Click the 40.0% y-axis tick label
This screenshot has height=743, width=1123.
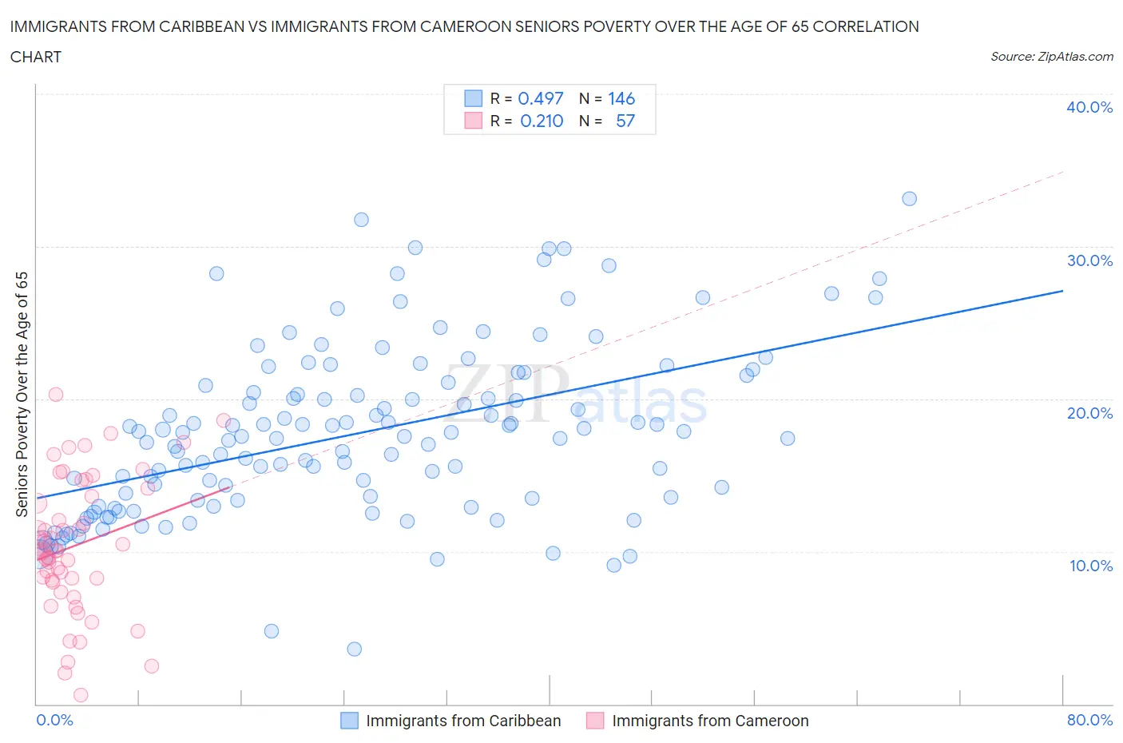[x=1089, y=107]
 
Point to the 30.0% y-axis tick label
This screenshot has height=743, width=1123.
[x=1089, y=260]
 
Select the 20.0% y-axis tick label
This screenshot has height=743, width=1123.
[x=1089, y=413]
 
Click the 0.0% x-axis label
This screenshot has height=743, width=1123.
[x=54, y=720]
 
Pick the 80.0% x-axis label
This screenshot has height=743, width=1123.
[x=1089, y=720]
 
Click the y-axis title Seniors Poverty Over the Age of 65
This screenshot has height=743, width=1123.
[x=22, y=394]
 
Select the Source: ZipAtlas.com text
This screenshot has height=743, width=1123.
[x=1051, y=57]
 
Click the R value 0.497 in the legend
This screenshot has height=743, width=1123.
[x=541, y=98]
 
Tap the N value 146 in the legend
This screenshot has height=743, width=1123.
[x=621, y=98]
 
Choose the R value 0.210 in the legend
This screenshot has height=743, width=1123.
[x=542, y=121]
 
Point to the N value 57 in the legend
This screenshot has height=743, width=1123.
[x=625, y=121]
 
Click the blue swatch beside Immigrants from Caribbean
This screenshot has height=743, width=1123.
[x=349, y=721]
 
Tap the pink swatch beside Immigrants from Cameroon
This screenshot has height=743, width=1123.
[x=595, y=721]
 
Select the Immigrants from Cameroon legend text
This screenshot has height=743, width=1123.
[x=710, y=721]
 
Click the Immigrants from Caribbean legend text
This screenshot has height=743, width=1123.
[x=463, y=721]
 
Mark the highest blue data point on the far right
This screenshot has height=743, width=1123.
[x=909, y=199]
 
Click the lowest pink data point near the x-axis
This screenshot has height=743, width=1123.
[x=80, y=695]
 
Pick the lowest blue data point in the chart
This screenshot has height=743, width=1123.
[x=355, y=649]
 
